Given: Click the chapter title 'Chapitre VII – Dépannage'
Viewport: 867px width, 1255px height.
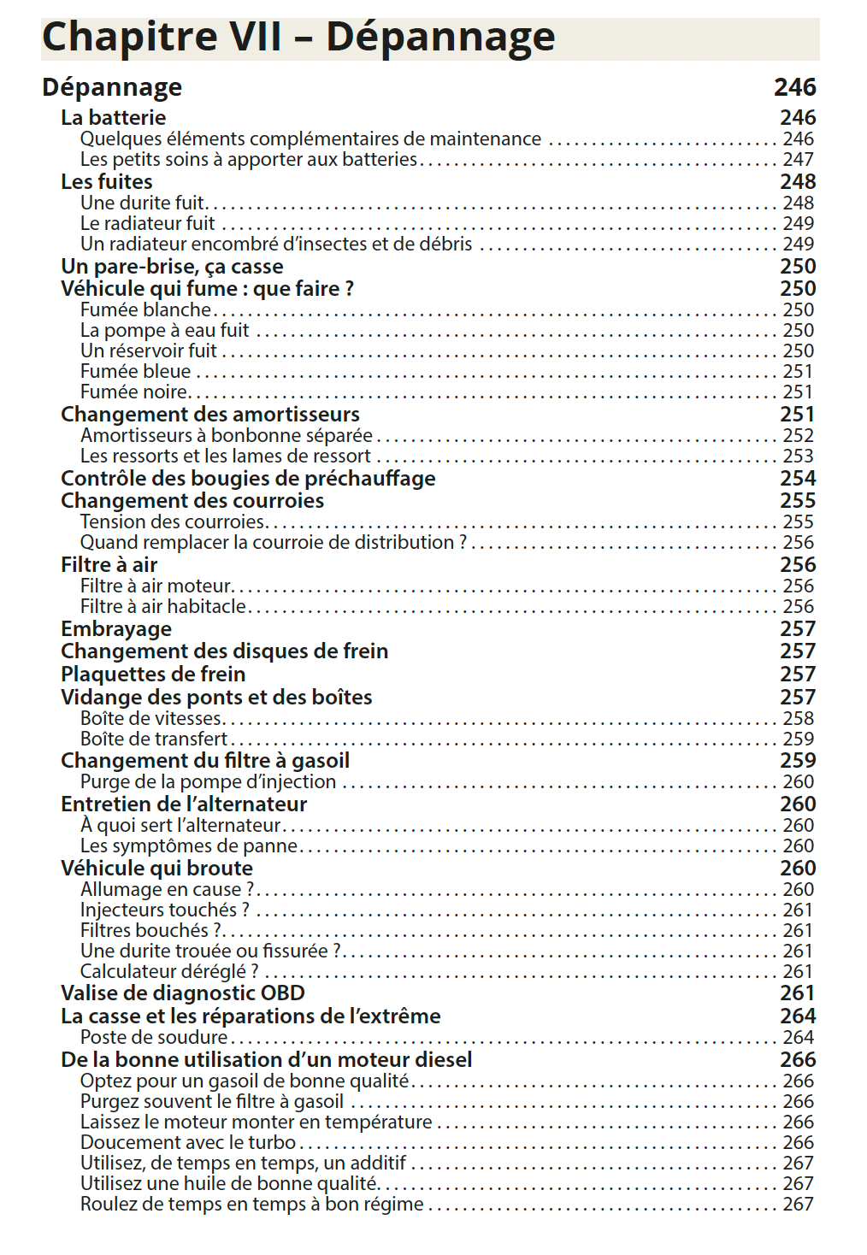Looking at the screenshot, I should (x=298, y=38).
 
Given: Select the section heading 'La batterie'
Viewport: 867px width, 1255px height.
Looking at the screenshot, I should (x=113, y=118).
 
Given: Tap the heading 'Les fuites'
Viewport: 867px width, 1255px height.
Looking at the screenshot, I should (x=106, y=182).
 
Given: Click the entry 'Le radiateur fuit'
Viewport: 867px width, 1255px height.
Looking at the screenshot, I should (x=147, y=224).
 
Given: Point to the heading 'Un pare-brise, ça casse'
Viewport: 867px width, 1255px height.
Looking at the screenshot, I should (x=172, y=267).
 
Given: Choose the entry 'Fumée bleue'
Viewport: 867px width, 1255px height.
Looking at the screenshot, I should (x=135, y=372).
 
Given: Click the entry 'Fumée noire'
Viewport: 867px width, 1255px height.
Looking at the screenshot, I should (x=133, y=392).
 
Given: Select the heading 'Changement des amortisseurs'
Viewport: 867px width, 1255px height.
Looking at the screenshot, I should (x=209, y=415).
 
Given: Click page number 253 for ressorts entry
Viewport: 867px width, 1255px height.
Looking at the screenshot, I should (x=798, y=457).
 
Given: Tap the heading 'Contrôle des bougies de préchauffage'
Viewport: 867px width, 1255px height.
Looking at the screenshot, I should (x=248, y=479).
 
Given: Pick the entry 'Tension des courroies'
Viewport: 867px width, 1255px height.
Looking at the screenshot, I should (x=172, y=522).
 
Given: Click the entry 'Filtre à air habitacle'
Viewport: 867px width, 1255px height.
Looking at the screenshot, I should (x=162, y=607).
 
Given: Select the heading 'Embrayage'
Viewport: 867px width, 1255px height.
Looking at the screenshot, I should (x=115, y=629).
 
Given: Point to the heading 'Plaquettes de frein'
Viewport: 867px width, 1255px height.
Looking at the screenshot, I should (x=152, y=675).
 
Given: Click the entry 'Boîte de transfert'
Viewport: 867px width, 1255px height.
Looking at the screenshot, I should (x=154, y=739).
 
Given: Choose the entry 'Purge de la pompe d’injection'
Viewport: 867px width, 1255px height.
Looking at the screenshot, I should (x=208, y=782).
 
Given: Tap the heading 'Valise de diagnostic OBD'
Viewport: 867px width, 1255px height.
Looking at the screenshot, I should (x=182, y=993).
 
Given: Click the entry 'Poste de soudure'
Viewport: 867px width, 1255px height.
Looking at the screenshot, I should (x=154, y=1038).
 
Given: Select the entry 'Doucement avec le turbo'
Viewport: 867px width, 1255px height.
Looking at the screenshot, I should (x=187, y=1143).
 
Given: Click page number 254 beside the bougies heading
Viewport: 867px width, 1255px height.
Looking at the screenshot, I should (x=798, y=479).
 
